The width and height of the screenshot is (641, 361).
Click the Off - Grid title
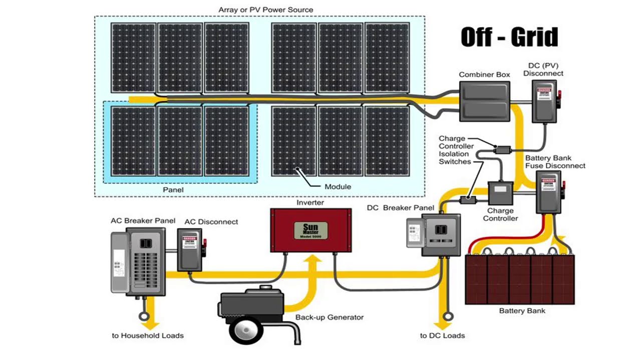click(509, 38)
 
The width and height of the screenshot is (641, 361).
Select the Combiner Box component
click(484, 101)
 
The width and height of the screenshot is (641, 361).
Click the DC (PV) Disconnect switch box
click(544, 104)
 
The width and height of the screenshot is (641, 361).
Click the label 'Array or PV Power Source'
click(265, 10)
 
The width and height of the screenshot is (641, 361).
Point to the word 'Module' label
click(338, 187)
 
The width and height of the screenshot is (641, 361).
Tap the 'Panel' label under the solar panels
click(173, 190)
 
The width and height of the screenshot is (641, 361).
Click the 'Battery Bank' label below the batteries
click(522, 311)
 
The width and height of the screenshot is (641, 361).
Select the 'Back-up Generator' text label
click(329, 317)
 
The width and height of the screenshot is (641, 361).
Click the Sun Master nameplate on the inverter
click(310, 230)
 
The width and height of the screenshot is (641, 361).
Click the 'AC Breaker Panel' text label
click(143, 221)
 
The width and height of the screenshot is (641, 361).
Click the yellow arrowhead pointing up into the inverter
click(314, 260)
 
